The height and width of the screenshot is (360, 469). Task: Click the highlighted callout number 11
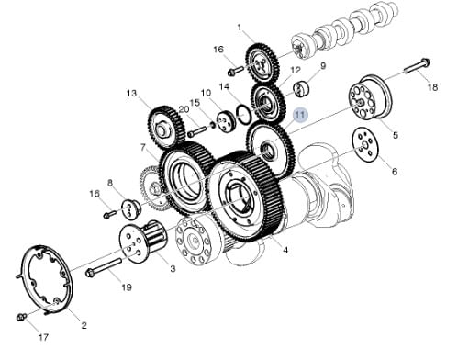pos(299,115)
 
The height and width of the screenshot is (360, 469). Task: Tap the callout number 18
pos(432,87)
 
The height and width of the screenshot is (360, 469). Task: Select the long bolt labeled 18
pos(418,65)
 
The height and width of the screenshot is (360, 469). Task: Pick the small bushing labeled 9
pos(302,89)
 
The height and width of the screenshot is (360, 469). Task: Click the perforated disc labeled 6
pos(365,144)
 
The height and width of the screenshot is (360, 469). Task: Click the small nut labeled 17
pos(21,317)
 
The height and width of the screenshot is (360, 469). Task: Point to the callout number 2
pos(84,325)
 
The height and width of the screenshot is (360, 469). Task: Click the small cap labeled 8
pos(130,209)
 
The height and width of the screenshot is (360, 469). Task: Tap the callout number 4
pos(285,251)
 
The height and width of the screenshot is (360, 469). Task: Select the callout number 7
pos(143,148)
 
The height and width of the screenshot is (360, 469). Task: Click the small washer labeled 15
pos(212,125)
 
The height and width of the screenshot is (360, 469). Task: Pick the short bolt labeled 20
pos(197,132)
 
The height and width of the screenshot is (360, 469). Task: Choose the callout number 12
pos(296,71)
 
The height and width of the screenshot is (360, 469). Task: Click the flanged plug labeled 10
pos(227,121)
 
